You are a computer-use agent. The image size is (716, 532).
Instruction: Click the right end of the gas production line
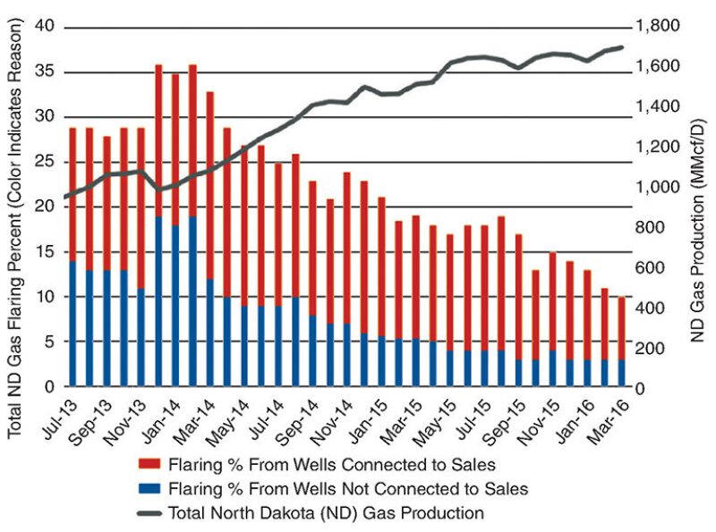click(622, 47)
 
